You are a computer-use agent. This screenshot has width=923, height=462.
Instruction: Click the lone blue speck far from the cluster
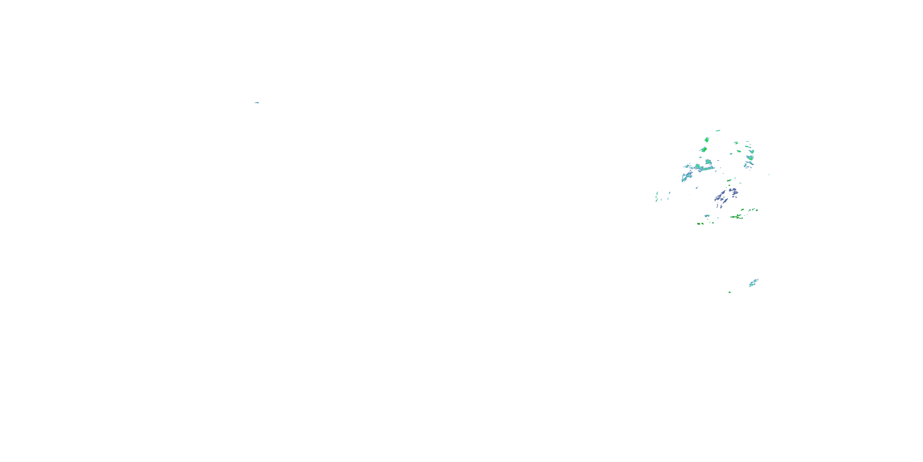(x=257, y=103)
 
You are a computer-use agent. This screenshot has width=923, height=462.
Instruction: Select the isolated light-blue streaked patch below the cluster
(x=753, y=283)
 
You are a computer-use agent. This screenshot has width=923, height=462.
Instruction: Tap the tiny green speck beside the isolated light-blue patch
(x=729, y=292)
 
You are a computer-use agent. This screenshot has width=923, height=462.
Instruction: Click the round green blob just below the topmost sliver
(x=707, y=139)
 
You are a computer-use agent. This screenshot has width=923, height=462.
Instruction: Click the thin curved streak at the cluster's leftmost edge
(x=657, y=197)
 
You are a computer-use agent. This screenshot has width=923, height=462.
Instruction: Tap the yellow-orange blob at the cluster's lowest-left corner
(x=699, y=224)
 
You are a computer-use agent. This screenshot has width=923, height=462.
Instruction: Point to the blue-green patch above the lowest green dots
(x=707, y=216)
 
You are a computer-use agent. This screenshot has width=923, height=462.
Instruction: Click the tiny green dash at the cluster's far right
(x=769, y=175)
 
